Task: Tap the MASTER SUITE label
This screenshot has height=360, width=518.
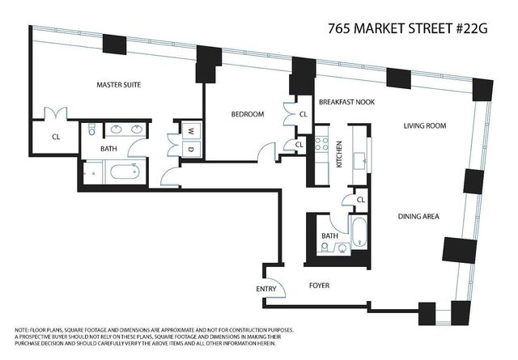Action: click(x=120, y=84)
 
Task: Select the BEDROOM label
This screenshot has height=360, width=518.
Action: click(x=248, y=115)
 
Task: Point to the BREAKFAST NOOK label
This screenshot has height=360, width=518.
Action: click(x=346, y=102)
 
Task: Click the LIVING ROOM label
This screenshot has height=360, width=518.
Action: click(x=426, y=126)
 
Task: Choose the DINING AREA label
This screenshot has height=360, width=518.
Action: click(x=418, y=216)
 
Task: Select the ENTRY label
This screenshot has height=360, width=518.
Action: click(x=265, y=289)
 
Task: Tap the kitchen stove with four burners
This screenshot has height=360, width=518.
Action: click(x=321, y=146)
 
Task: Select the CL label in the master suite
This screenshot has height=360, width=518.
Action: click(x=56, y=137)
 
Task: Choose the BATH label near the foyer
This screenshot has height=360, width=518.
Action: click(x=329, y=236)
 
